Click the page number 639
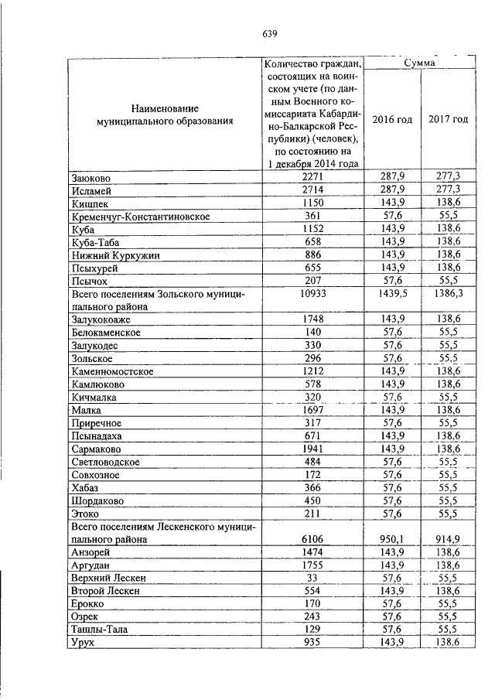click(x=269, y=33)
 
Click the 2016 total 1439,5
click(x=392, y=295)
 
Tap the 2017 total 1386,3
click(x=449, y=295)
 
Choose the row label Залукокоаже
click(x=103, y=319)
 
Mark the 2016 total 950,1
click(x=392, y=539)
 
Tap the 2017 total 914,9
click(x=449, y=539)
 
